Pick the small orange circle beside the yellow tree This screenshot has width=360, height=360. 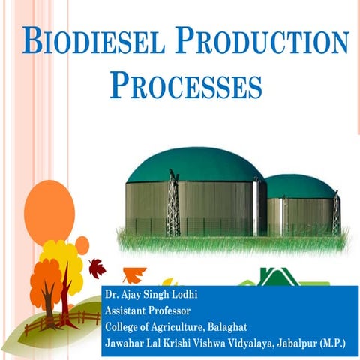point(82,244)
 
